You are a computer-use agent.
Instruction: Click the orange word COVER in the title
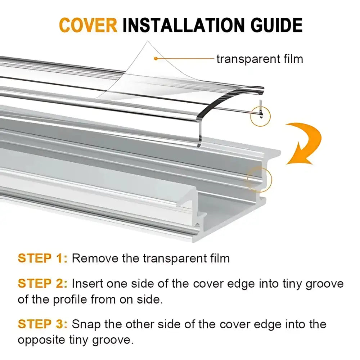pyautogui.click(x=88, y=25)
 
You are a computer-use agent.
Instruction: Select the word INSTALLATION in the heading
pyautogui.click(x=184, y=25)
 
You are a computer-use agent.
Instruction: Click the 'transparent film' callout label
pyautogui.click(x=260, y=59)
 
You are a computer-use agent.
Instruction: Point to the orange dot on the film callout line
pyautogui.click(x=156, y=59)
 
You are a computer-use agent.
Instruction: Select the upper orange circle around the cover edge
pyautogui.click(x=260, y=116)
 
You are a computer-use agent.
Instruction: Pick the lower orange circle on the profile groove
pyautogui.click(x=260, y=180)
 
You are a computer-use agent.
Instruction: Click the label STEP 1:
pyautogui.click(x=43, y=258)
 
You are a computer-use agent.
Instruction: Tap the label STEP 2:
pyautogui.click(x=43, y=283)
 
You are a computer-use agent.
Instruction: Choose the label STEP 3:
pyautogui.click(x=43, y=324)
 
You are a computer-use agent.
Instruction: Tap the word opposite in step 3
pyautogui.click(x=41, y=340)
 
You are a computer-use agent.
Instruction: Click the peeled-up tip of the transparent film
pyautogui.click(x=148, y=41)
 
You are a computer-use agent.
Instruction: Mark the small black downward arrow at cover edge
pyautogui.click(x=261, y=117)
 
